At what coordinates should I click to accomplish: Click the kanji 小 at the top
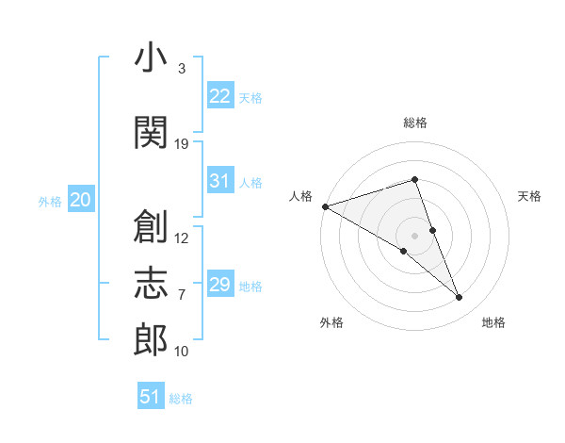pos(151,57)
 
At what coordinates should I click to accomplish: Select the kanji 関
pos(151,132)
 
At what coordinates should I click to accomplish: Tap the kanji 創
pos(151,226)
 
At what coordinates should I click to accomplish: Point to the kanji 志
pos(151,283)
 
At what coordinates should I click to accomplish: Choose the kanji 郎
pos(151,339)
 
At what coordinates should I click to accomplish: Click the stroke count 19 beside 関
pos(181,144)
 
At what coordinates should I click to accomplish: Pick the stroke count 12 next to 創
pos(181,238)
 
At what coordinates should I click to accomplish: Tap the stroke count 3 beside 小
pos(182,69)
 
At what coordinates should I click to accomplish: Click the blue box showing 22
pos(220,95)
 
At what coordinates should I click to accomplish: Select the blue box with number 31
pos(220,180)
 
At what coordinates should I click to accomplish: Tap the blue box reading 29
pos(220,283)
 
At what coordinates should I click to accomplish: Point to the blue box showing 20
pos(81,199)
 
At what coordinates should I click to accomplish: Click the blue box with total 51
pos(151,395)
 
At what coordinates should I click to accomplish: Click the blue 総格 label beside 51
pos(181,399)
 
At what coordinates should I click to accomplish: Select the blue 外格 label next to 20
pos(50,202)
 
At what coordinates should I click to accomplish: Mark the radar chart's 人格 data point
pos(326,206)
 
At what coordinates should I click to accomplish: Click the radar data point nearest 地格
pos(459,297)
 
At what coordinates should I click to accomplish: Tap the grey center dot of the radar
pos(414,236)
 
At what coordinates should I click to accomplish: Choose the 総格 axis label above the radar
pos(415,123)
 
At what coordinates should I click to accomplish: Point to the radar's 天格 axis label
pos(529,196)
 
